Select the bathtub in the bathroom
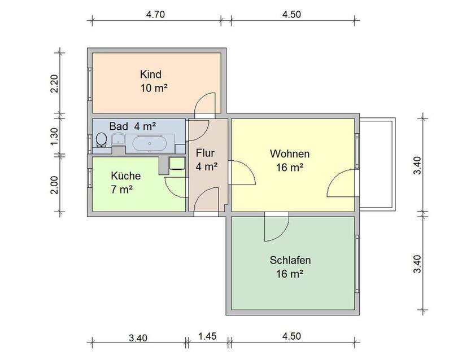149,144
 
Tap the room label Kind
151,74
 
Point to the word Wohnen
290,153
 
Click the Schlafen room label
290,261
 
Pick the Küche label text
125,175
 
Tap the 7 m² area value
122,189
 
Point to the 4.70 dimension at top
155,15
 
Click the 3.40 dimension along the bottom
138,338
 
